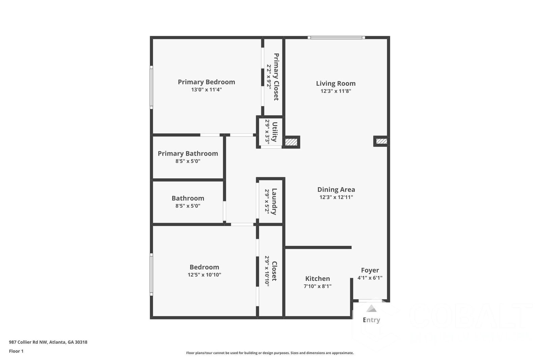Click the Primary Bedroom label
point(206,82)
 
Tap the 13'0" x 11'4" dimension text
point(206,90)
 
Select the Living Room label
point(335,83)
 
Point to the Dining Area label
point(336,190)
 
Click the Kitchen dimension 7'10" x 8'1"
point(317,286)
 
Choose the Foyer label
point(370,270)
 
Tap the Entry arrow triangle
point(371,308)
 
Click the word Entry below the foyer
point(371,320)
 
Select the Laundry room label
point(274,201)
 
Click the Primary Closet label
point(276,77)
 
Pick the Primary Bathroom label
point(188,154)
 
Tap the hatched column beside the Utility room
point(291,142)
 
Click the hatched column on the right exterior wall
point(381,141)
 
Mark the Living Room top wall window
point(336,37)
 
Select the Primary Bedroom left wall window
point(152,87)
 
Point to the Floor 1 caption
point(16,351)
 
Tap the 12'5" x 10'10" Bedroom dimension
point(204,275)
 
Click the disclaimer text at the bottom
point(270,353)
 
